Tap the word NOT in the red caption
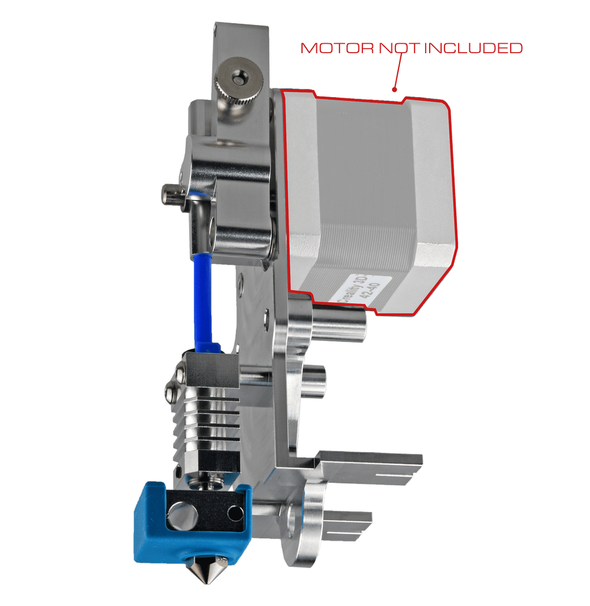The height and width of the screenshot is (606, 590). click(398, 48)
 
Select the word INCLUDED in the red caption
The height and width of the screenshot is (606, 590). click(474, 48)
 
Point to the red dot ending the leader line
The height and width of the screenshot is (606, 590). click(393, 91)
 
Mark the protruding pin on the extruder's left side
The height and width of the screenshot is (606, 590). click(170, 195)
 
